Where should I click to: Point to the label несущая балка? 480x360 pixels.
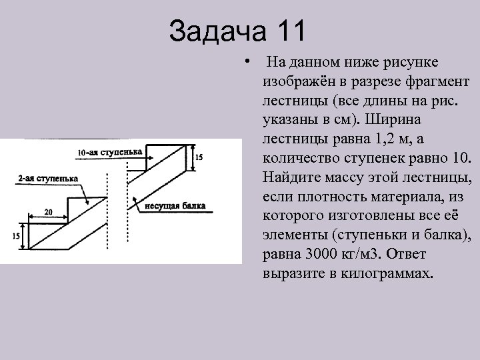point(175,204)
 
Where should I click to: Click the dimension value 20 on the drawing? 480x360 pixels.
point(49,211)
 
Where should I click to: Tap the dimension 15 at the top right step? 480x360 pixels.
point(199,157)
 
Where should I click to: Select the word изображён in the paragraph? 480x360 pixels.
point(287,81)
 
